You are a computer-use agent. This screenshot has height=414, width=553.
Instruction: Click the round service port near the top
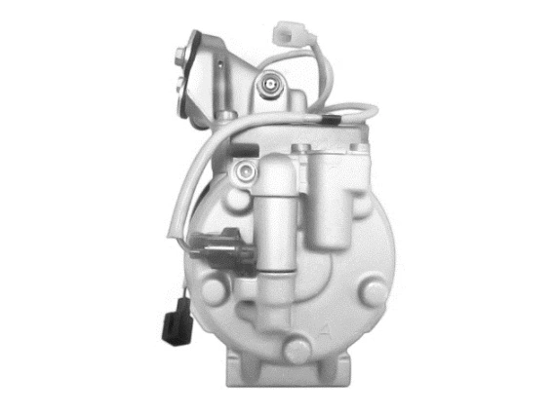click(x=269, y=88)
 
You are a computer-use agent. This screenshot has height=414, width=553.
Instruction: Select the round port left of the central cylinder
click(x=249, y=172)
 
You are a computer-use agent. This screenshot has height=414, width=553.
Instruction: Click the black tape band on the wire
click(x=333, y=121)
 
